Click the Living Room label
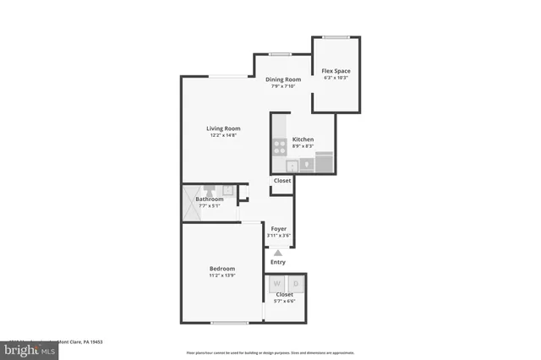click(223, 129)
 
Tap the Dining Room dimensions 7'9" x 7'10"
click(283, 86)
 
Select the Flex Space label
click(336, 70)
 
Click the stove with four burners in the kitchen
click(279, 147)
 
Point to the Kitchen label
click(303, 139)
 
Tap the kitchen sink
click(292, 166)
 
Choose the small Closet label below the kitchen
click(282, 181)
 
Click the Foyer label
click(278, 229)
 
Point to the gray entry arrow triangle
click(277, 252)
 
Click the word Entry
click(277, 262)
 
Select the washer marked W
click(276, 285)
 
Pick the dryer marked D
click(295, 285)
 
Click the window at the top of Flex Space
click(336, 36)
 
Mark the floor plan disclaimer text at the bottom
click(270, 353)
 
